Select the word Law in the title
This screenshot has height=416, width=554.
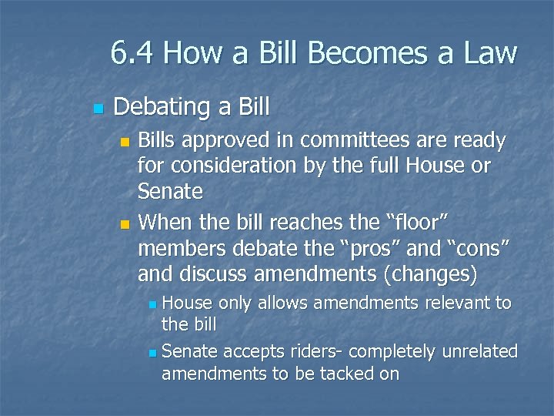tap(490, 53)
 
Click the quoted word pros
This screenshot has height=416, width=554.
tap(362, 249)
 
